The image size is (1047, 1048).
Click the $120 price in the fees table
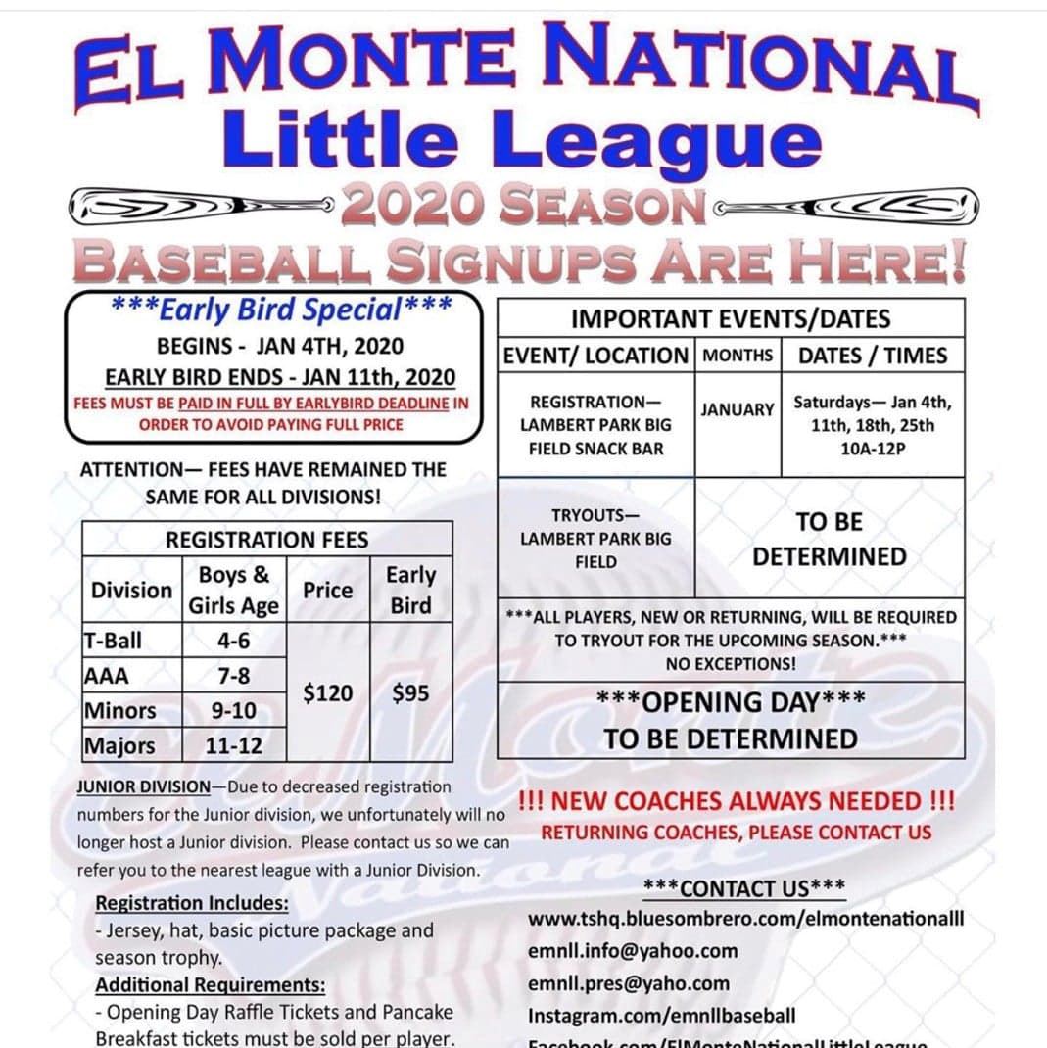coord(327,693)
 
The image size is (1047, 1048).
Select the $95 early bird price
coord(410,693)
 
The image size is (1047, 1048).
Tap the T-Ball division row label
coord(113,641)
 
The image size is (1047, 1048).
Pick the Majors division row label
coord(119,745)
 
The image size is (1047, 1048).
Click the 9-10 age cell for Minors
coord(233,710)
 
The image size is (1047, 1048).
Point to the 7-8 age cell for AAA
coord(233,676)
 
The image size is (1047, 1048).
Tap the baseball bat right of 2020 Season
coord(848,206)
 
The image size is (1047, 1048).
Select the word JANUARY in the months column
coord(737,409)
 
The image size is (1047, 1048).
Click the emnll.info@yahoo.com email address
coord(633,950)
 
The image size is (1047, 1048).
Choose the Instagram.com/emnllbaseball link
coord(662,1016)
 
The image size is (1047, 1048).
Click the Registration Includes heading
coord(192,902)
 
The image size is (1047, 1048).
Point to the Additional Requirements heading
coord(211,985)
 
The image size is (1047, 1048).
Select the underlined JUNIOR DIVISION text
coord(143,786)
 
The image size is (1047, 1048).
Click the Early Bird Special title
coord(280,310)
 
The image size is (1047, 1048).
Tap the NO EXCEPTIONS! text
coord(731,663)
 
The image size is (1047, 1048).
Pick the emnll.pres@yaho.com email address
coord(629,983)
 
